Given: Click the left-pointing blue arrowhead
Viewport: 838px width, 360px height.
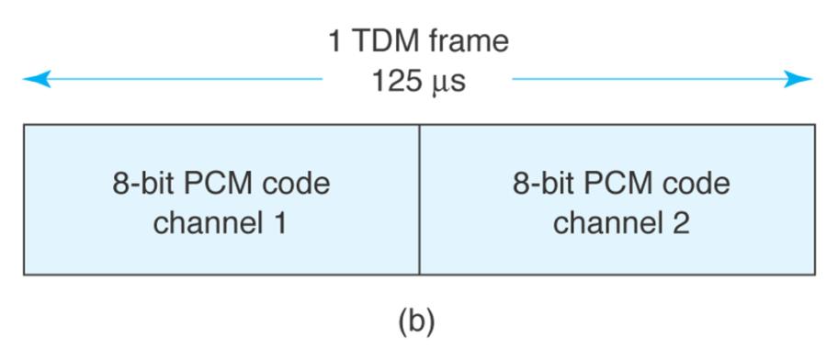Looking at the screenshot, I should pos(34,80).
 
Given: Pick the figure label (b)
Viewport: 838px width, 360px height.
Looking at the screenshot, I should pos(418,322).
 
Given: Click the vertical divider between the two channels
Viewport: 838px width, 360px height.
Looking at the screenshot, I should pos(419,200).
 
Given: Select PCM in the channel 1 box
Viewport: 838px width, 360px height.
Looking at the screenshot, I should pos(221,184).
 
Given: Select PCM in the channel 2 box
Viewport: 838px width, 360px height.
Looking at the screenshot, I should pos(621,184).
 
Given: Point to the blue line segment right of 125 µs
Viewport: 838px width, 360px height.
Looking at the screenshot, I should pos(643,80).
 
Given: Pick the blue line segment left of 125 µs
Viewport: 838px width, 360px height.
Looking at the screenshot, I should pos(184,80).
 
